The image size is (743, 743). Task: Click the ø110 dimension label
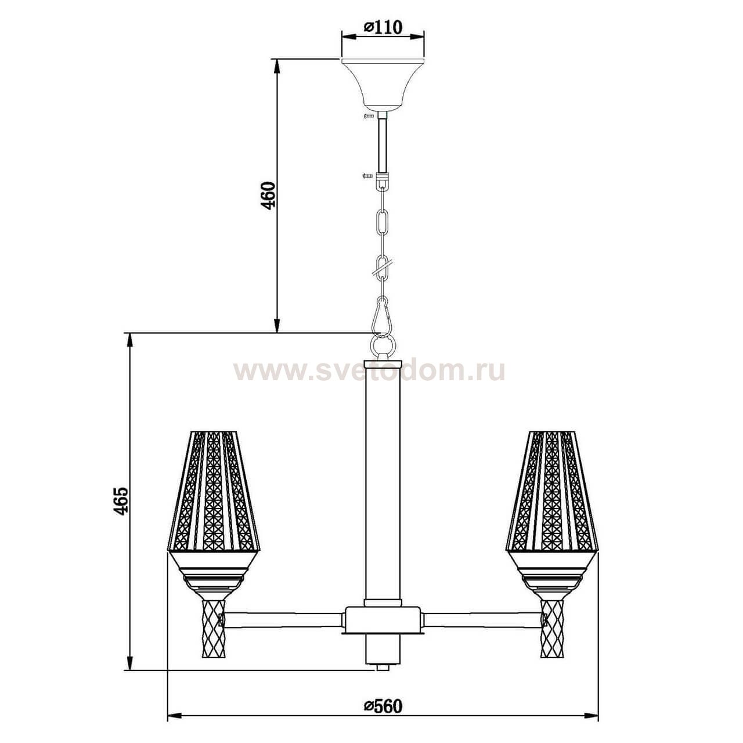click(383, 27)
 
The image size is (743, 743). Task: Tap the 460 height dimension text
click(268, 196)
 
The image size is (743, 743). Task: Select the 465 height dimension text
click(120, 501)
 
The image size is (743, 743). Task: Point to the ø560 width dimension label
click(383, 706)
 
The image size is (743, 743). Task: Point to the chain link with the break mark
click(382, 268)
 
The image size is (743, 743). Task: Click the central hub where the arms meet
click(382, 620)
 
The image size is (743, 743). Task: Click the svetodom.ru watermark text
click(369, 370)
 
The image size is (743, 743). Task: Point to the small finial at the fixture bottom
click(382, 667)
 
